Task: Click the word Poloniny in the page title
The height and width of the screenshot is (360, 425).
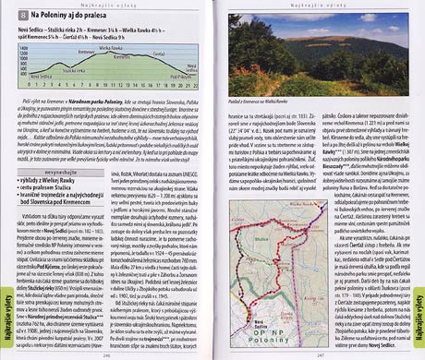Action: (x=58, y=17)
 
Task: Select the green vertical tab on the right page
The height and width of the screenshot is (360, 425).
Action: (x=418, y=322)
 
